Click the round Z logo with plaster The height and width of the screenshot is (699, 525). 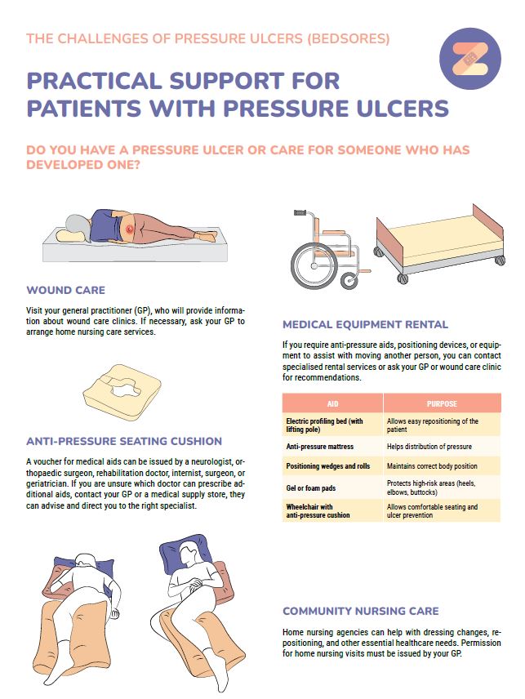click(469, 59)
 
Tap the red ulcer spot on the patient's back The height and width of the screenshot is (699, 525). click(130, 229)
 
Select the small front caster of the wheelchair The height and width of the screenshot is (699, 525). click(349, 281)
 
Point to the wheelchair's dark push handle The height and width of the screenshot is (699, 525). click(300, 212)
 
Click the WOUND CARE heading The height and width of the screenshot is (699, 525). click(65, 290)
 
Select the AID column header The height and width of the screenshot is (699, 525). click(333, 403)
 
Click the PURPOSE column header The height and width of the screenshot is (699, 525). click(442, 403)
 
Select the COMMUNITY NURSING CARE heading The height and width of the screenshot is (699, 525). click(361, 611)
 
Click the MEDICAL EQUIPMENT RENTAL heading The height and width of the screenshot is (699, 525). click(365, 324)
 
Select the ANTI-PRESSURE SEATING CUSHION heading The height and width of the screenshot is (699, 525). click(124, 441)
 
